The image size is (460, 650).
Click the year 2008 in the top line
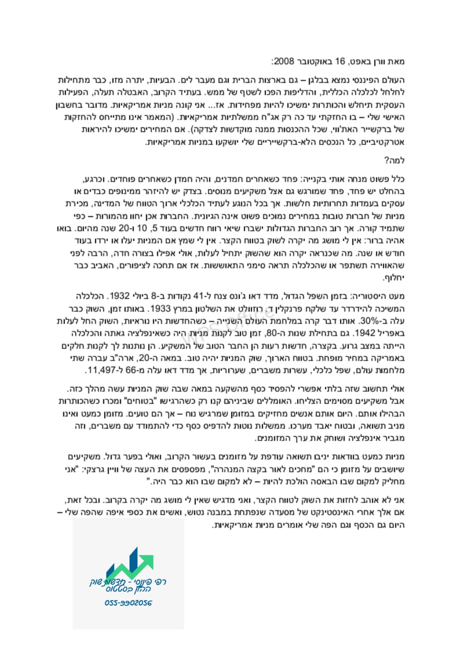pos(284,62)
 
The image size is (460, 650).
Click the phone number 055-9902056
pos(128,603)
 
